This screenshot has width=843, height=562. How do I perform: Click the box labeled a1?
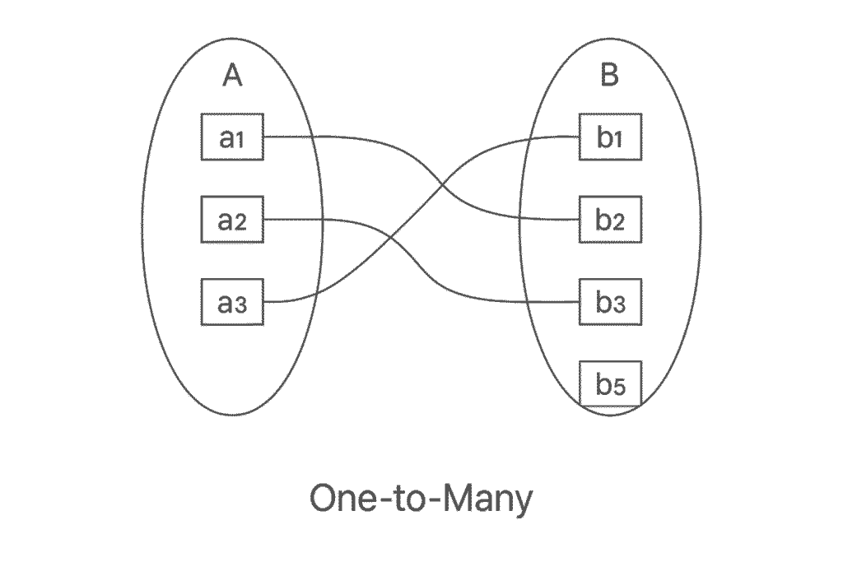pos(232,137)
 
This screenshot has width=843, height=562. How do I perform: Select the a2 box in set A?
pos(232,220)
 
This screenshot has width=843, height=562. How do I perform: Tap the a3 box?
pos(232,302)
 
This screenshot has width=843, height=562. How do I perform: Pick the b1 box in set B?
pos(610,137)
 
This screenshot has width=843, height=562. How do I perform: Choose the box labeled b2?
pos(610,220)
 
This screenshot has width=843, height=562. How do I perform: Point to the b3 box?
pos(610,302)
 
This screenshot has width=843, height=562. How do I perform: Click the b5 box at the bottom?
pos(610,383)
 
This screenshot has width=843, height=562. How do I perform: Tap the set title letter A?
pos(233,76)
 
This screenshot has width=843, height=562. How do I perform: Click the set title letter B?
pos(609,76)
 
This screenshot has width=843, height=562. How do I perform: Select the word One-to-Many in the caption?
pos(421,499)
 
